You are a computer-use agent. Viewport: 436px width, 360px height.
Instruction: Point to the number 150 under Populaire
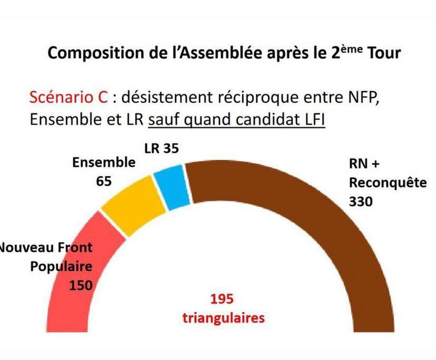click(81, 285)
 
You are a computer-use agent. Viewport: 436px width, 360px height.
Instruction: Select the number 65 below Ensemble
click(104, 181)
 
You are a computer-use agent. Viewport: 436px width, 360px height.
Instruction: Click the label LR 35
click(161, 149)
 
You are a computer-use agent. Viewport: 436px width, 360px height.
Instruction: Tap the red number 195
click(222, 299)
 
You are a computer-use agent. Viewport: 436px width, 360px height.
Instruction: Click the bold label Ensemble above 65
click(103, 163)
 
